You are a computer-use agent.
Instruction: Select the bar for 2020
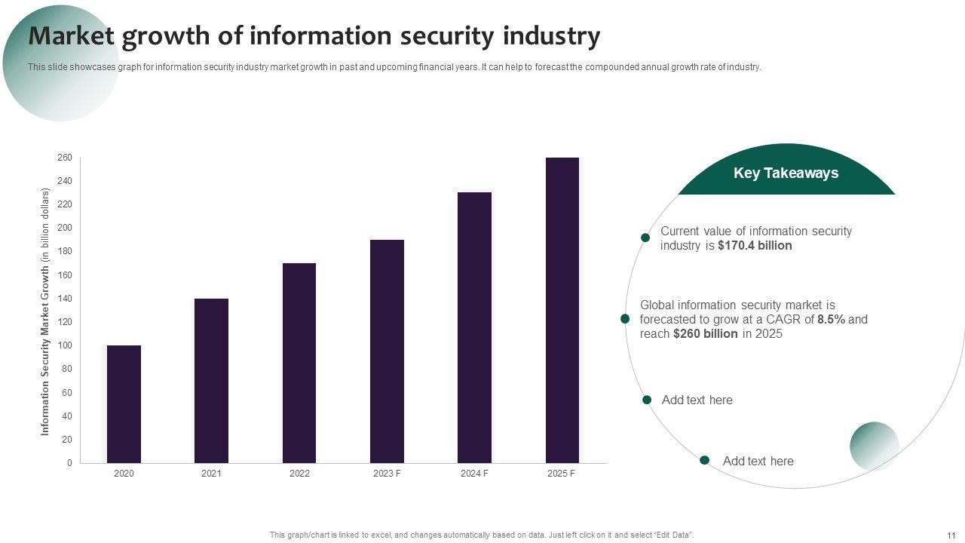(124, 403)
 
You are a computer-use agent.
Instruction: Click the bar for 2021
(211, 380)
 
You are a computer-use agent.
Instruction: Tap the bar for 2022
(299, 363)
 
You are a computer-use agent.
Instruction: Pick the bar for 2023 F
(387, 351)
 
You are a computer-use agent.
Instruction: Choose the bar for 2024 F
(474, 327)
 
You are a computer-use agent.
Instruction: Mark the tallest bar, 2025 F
(562, 310)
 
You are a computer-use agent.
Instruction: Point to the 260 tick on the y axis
(64, 158)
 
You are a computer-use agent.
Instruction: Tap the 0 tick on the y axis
(69, 463)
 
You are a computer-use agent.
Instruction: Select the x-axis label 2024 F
(474, 474)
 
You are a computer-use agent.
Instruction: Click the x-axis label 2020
(124, 474)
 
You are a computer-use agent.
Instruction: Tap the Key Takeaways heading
(786, 173)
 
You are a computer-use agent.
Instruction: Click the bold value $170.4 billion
(755, 246)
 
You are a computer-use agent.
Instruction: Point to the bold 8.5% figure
(832, 320)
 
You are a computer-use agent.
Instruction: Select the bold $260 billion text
(706, 334)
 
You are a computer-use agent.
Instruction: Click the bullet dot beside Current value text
(645, 238)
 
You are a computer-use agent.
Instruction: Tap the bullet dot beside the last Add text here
(704, 460)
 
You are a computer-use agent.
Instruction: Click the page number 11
(951, 535)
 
